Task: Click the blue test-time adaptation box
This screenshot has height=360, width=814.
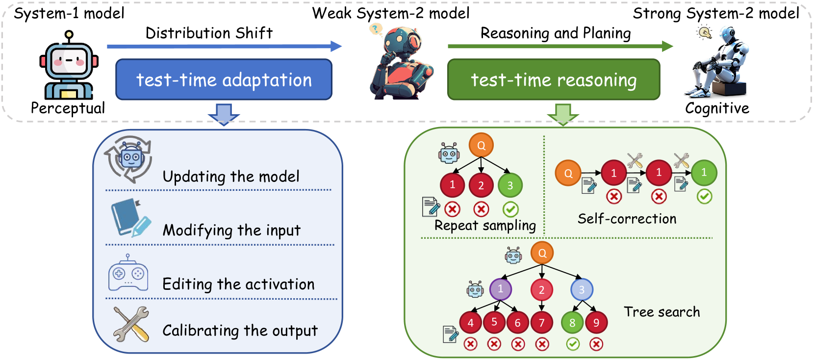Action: pos(224,79)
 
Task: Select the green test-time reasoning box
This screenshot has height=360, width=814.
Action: pos(554,79)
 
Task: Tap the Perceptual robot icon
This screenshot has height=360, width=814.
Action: pos(69,66)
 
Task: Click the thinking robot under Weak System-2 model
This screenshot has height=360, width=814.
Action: pos(400,64)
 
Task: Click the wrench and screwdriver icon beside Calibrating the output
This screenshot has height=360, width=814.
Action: pos(130,324)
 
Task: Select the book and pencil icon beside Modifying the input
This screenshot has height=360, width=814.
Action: pos(129,218)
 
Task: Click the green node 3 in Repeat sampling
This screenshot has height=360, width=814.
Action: pos(510,185)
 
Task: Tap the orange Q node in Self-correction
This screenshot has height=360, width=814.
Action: pos(568,173)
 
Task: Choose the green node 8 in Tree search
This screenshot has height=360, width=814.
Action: pos(572,323)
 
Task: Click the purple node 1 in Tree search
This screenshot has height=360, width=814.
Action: pos(501,289)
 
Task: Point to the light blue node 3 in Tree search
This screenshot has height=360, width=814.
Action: pos(582,289)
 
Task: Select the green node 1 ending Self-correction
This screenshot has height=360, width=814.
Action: pos(704,173)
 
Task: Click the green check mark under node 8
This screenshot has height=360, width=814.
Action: pos(573,344)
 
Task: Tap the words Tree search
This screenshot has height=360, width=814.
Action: pos(661,312)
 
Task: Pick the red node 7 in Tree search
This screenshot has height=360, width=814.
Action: pos(542,323)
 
